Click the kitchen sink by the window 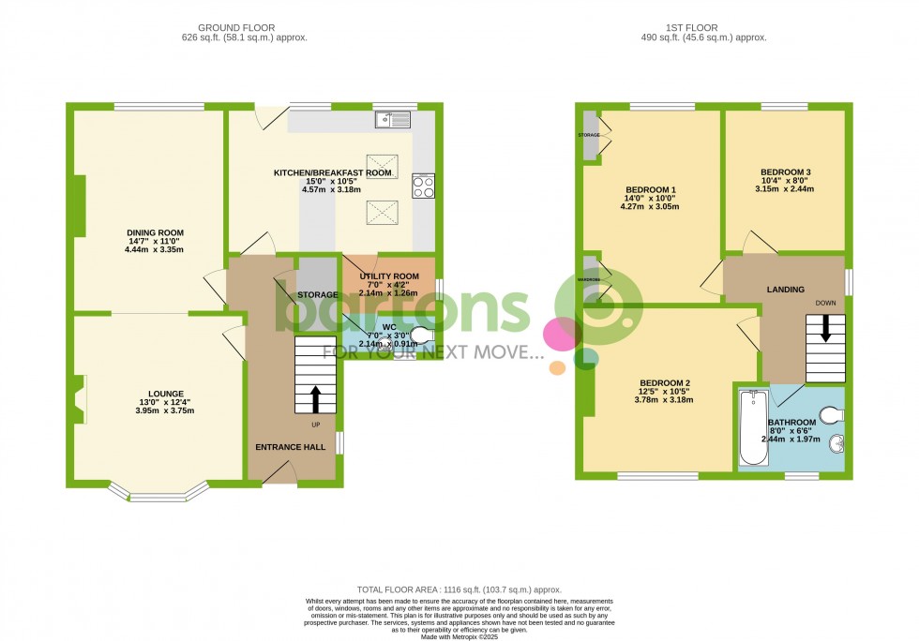tap(392, 119)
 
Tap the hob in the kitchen tap(422, 186)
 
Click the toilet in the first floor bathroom tap(831, 414)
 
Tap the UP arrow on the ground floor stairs tap(314, 398)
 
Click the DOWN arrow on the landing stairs tap(825, 329)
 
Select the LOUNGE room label tap(165, 394)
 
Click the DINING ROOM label tap(156, 233)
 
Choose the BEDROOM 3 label tap(785, 172)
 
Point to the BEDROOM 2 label tap(665, 383)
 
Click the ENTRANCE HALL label tap(291, 448)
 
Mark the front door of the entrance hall tap(279, 477)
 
